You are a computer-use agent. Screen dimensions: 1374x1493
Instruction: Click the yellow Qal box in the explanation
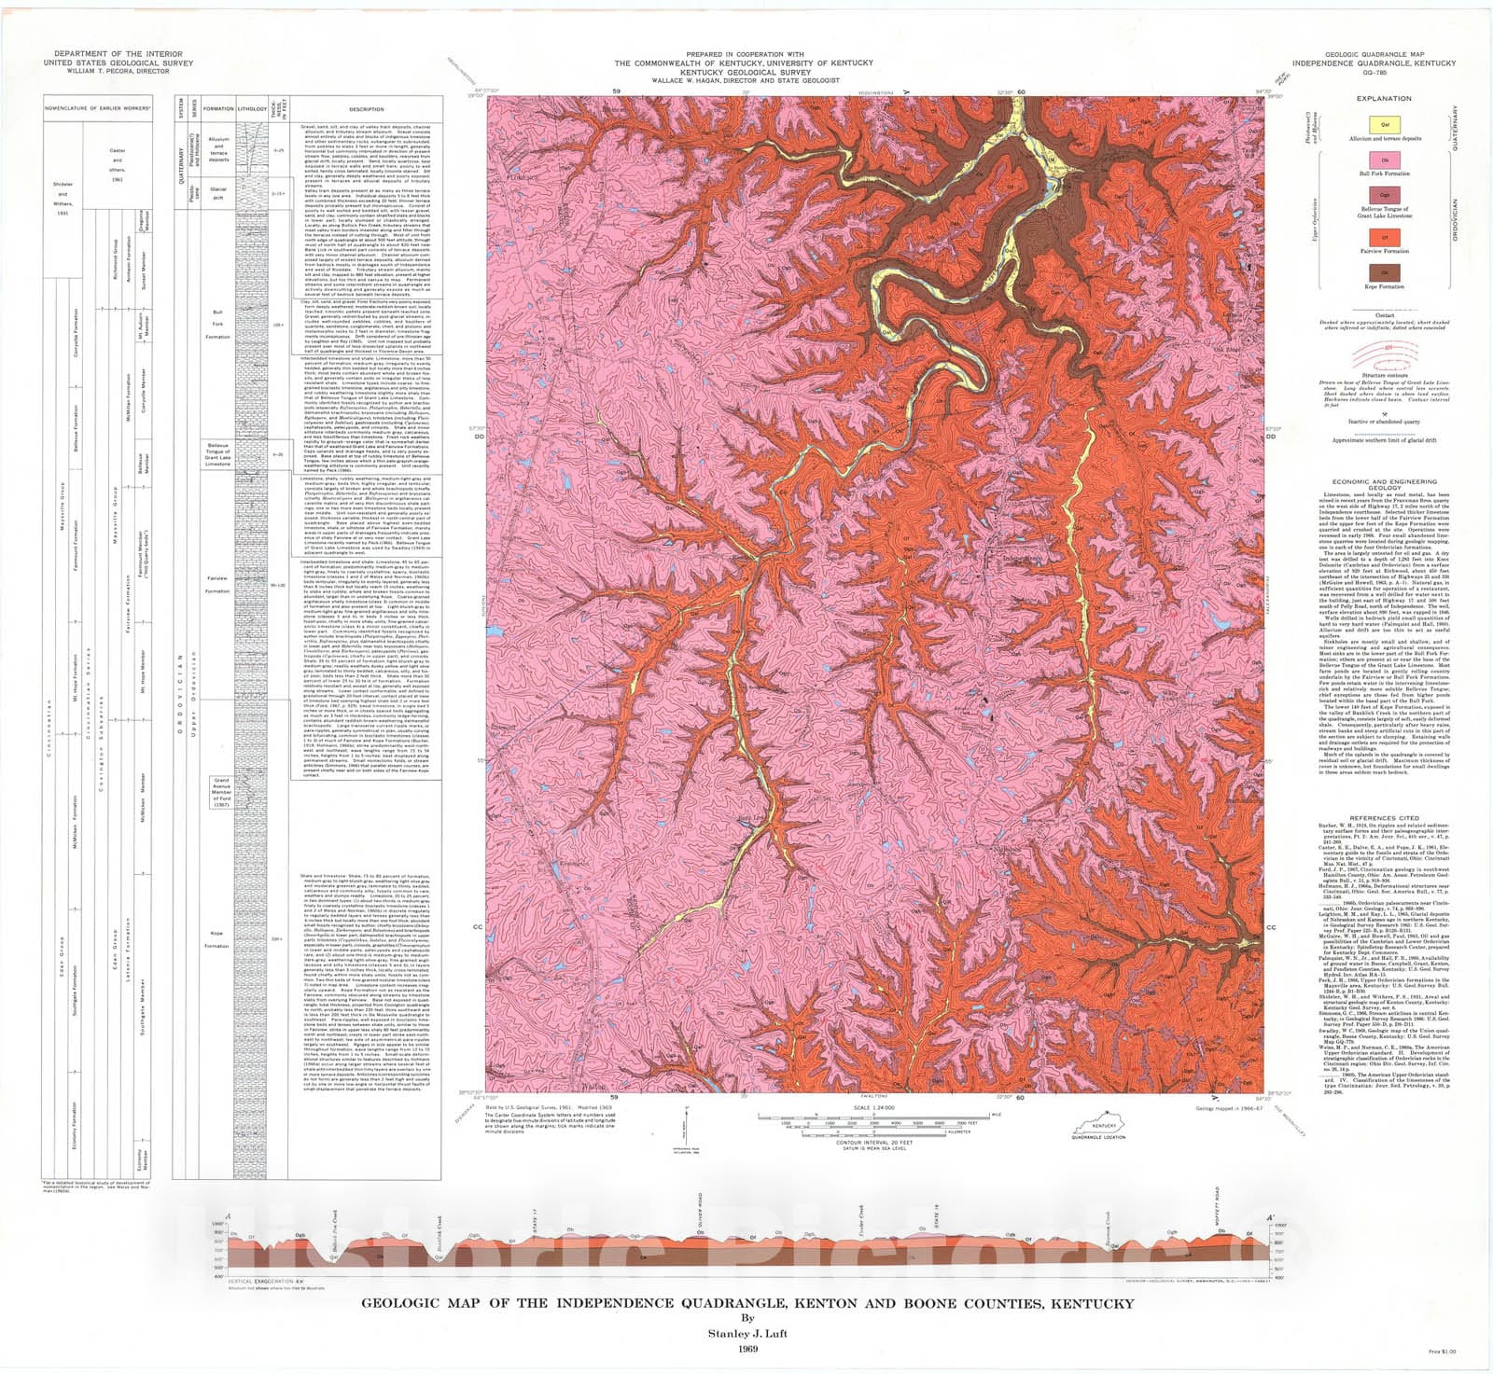pos(1385,122)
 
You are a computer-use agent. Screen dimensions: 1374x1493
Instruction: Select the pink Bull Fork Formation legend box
pos(1385,160)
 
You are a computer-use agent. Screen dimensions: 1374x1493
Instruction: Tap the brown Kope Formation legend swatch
pos(1385,272)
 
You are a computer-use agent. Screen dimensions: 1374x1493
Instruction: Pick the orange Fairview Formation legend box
pos(1385,237)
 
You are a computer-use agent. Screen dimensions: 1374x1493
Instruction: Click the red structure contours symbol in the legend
pos(1385,353)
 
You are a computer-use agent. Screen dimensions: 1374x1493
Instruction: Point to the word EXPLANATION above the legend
pos(1385,98)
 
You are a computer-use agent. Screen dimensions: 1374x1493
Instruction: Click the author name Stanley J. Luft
pos(746,1333)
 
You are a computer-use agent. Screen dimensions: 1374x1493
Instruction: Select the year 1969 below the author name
pos(746,1349)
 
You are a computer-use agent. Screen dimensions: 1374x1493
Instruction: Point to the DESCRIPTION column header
pos(366,108)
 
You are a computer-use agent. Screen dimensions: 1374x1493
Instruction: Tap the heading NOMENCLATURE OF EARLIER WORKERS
pos(98,108)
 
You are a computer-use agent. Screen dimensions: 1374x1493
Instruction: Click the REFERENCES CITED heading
pos(1384,818)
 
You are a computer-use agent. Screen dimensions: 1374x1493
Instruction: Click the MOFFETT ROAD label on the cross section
pos(1217,1204)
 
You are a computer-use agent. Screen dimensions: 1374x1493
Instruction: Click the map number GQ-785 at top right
pos(1374,72)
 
